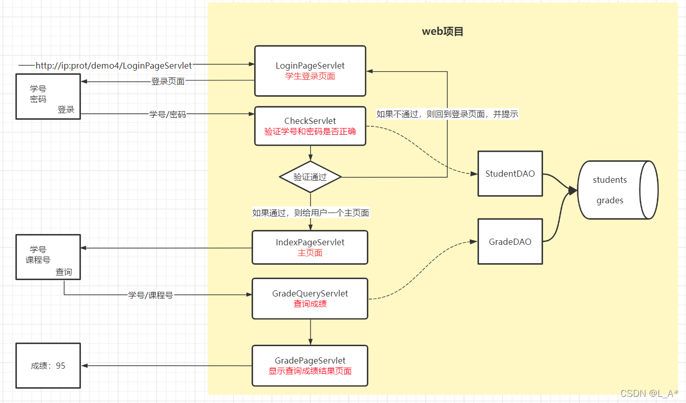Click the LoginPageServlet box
(310, 71)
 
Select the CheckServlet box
(310, 126)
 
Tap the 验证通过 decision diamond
(310, 177)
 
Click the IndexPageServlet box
(310, 247)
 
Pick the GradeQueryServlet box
(310, 299)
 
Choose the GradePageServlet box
(310, 366)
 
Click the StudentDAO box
(510, 174)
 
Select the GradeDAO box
(510, 241)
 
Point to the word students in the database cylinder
(610, 180)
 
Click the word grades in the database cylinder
(610, 200)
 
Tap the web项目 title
(443, 31)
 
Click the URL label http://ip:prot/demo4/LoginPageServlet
(114, 66)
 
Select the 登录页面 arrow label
(168, 81)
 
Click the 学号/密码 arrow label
(168, 114)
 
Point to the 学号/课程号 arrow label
(151, 295)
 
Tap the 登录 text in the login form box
(66, 109)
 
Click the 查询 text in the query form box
(64, 272)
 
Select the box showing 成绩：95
(48, 366)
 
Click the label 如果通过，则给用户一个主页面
(310, 213)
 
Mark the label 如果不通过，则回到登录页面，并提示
(447, 114)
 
